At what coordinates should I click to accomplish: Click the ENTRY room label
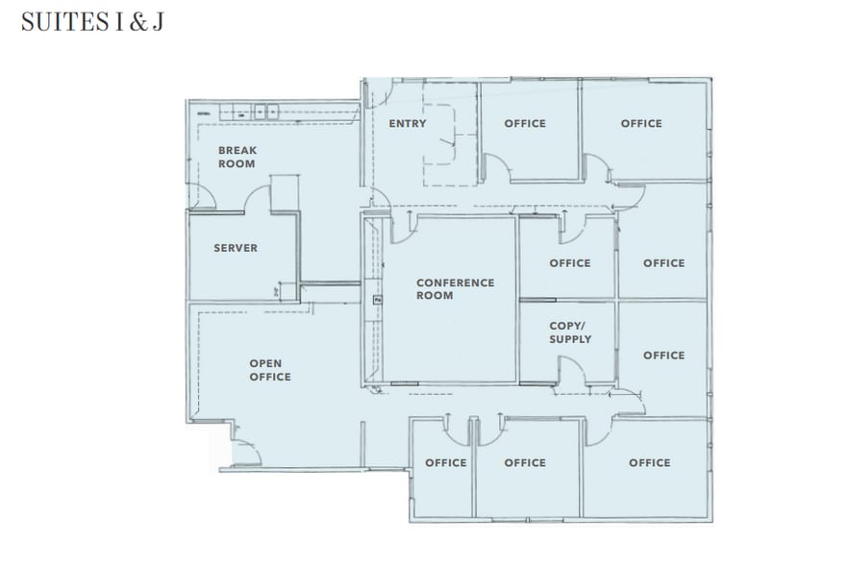(407, 124)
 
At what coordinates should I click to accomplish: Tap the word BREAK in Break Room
(237, 151)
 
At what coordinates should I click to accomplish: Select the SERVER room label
(236, 248)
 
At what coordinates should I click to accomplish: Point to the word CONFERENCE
(455, 282)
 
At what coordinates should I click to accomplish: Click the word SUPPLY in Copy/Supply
(570, 339)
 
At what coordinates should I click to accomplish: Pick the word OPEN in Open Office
(265, 363)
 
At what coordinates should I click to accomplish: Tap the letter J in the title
(156, 22)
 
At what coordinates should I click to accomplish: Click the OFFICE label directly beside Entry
(525, 124)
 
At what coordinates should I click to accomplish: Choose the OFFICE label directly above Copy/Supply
(570, 263)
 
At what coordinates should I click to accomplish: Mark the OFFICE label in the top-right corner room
(641, 124)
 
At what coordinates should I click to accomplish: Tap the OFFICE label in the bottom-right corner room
(650, 463)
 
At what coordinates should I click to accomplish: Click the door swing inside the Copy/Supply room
(571, 370)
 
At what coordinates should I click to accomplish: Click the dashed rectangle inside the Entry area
(450, 135)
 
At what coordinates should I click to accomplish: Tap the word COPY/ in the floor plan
(567, 326)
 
